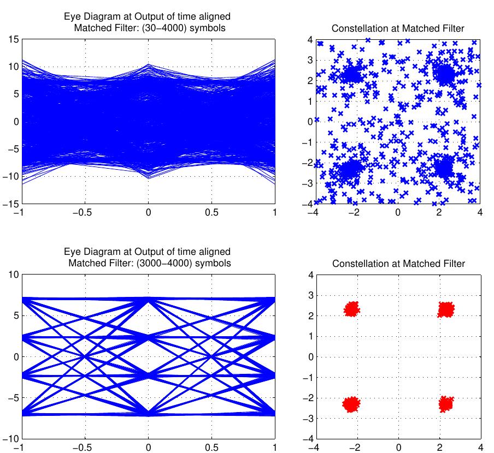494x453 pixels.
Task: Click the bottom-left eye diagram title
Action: tap(148, 257)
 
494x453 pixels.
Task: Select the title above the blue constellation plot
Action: tap(398, 28)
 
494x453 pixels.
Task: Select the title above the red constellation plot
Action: tap(398, 264)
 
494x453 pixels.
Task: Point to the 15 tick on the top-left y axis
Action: tap(13, 39)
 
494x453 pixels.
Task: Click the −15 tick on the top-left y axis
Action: tap(10, 204)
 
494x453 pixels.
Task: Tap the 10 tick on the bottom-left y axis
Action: tap(13, 275)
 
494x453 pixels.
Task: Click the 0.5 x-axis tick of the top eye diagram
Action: tap(211, 213)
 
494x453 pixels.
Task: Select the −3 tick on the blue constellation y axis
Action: tap(307, 183)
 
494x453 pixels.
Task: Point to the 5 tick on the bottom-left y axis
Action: tap(15, 316)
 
